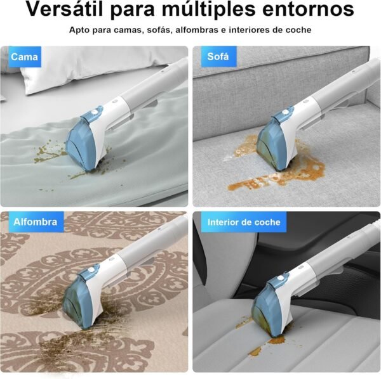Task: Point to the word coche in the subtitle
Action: (x=298, y=30)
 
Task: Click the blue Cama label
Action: (x=24, y=57)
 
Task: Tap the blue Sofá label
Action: (x=218, y=56)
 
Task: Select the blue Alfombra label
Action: (x=36, y=222)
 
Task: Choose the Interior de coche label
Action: (x=244, y=222)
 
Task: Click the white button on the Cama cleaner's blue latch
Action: (x=94, y=113)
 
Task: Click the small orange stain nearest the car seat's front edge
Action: (x=256, y=351)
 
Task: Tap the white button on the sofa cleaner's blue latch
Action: (x=284, y=113)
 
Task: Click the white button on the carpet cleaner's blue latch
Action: (x=91, y=270)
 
